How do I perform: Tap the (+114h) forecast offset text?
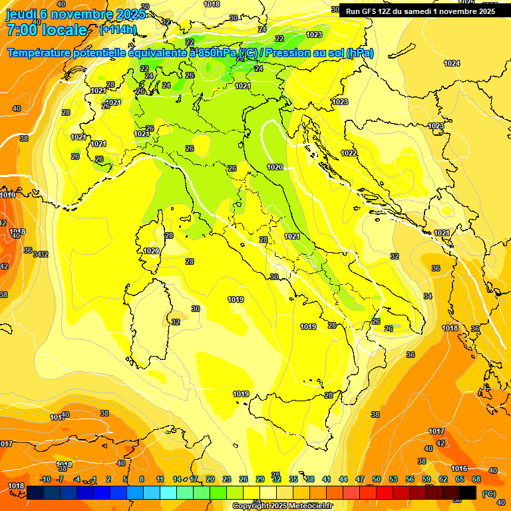point(118,29)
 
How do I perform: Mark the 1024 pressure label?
point(452,63)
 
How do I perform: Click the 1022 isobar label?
point(349,153)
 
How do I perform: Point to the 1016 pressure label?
point(459,469)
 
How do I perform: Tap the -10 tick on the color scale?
point(45,479)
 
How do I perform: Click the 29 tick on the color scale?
point(260,479)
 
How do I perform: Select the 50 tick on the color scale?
point(377,479)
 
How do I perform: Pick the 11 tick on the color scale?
point(160,479)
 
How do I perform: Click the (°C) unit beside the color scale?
point(489,493)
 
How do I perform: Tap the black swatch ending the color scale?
point(468,492)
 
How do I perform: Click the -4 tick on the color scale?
point(77,479)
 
